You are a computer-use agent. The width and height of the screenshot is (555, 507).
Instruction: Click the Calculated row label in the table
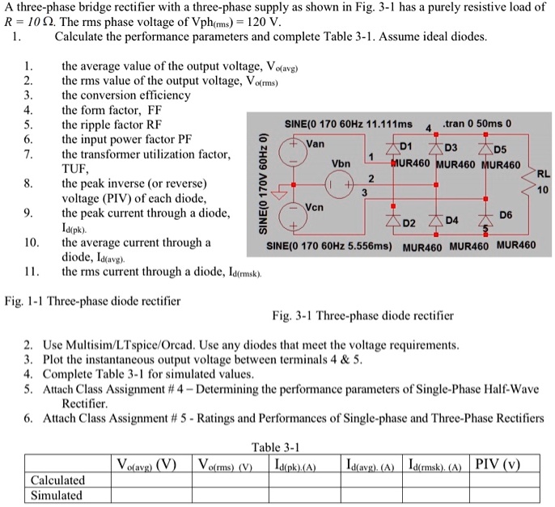pyautogui.click(x=57, y=480)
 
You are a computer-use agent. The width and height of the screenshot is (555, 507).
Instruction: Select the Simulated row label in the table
pyautogui.click(x=56, y=495)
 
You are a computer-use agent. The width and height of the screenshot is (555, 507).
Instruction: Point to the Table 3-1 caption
pyautogui.click(x=277, y=446)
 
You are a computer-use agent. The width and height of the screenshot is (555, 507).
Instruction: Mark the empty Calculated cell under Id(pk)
pyautogui.click(x=296, y=480)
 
